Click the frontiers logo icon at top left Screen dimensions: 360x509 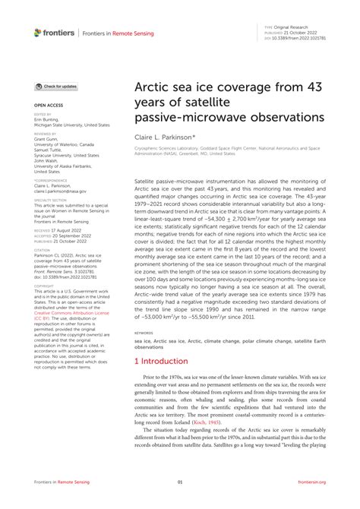point(38,32)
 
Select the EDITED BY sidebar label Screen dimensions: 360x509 point(43,114)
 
